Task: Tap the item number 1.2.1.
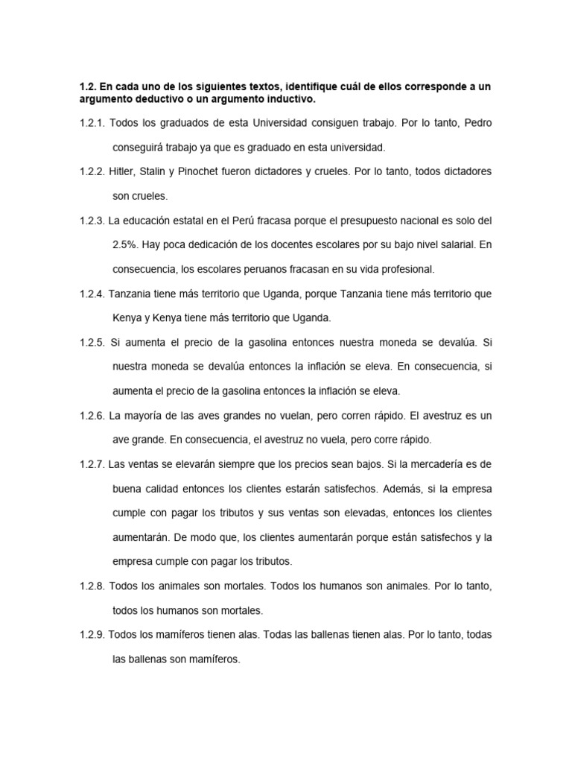(x=92, y=123)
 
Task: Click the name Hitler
(x=123, y=171)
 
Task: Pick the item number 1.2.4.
(x=92, y=294)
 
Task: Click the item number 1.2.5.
(x=92, y=343)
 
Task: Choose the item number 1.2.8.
(x=92, y=586)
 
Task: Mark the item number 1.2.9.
(x=92, y=635)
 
